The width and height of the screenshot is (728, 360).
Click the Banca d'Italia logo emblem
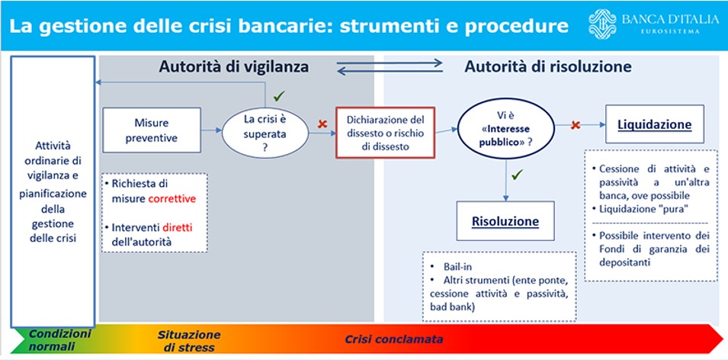pos(603,24)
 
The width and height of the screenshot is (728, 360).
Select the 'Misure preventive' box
pos(151,130)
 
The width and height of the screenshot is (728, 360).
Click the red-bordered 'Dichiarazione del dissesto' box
pos(385,131)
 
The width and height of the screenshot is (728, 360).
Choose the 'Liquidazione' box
pos(655,124)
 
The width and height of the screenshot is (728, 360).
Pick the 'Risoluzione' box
pos(505,222)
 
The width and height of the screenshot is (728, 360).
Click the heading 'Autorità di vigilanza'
pos(233,67)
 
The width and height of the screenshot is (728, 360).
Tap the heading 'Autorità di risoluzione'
pos(547,67)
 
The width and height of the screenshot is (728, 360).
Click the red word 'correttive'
pos(173,198)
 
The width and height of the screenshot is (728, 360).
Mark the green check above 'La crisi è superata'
pos(280,97)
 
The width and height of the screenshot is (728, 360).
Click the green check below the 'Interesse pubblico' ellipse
pos(517,175)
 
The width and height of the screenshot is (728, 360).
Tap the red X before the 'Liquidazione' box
pos(576,124)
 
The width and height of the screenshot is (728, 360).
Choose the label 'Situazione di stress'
pos(189,341)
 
